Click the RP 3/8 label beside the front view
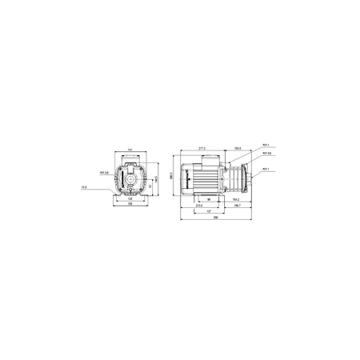[104, 171]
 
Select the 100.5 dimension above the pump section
[237, 148]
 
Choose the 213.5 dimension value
[198, 206]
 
